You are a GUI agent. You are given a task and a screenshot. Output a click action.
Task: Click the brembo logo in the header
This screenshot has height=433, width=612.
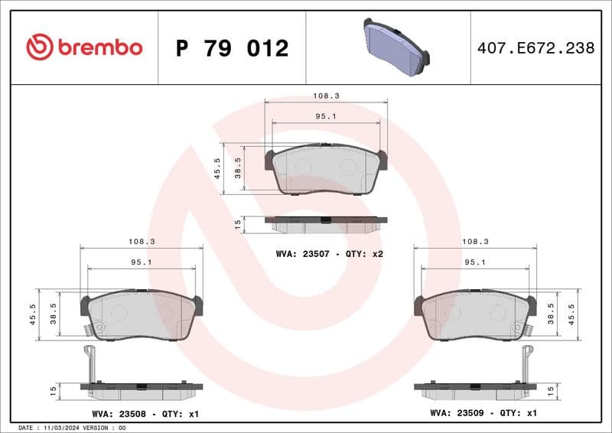(x=84, y=47)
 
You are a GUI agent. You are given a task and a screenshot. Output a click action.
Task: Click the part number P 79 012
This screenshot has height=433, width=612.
(x=232, y=48)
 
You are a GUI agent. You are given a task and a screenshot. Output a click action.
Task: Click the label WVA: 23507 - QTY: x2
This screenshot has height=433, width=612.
(x=329, y=253)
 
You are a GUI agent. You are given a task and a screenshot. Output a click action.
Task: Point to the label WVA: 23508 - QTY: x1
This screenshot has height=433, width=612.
(x=145, y=413)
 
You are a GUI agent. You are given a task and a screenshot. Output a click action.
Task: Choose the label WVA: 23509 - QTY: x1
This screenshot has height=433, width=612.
(x=484, y=413)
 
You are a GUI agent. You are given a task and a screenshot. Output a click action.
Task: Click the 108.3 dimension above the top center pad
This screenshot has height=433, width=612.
(x=326, y=96)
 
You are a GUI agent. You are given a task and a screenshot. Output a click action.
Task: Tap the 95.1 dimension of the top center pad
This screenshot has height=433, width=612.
(x=326, y=116)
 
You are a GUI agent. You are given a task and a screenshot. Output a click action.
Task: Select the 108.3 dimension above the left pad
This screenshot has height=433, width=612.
(x=142, y=241)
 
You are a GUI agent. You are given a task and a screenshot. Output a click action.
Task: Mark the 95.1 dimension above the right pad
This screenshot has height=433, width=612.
(x=475, y=262)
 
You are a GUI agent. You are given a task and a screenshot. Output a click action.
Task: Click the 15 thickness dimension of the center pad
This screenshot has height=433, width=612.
(x=239, y=223)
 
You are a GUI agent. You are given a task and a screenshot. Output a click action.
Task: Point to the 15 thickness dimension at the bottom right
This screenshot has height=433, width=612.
(x=571, y=390)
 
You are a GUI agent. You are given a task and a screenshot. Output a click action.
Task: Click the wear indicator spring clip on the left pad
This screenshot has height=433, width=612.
(x=90, y=330)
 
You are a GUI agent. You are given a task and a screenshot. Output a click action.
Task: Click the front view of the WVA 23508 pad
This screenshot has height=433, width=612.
(x=142, y=315)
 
